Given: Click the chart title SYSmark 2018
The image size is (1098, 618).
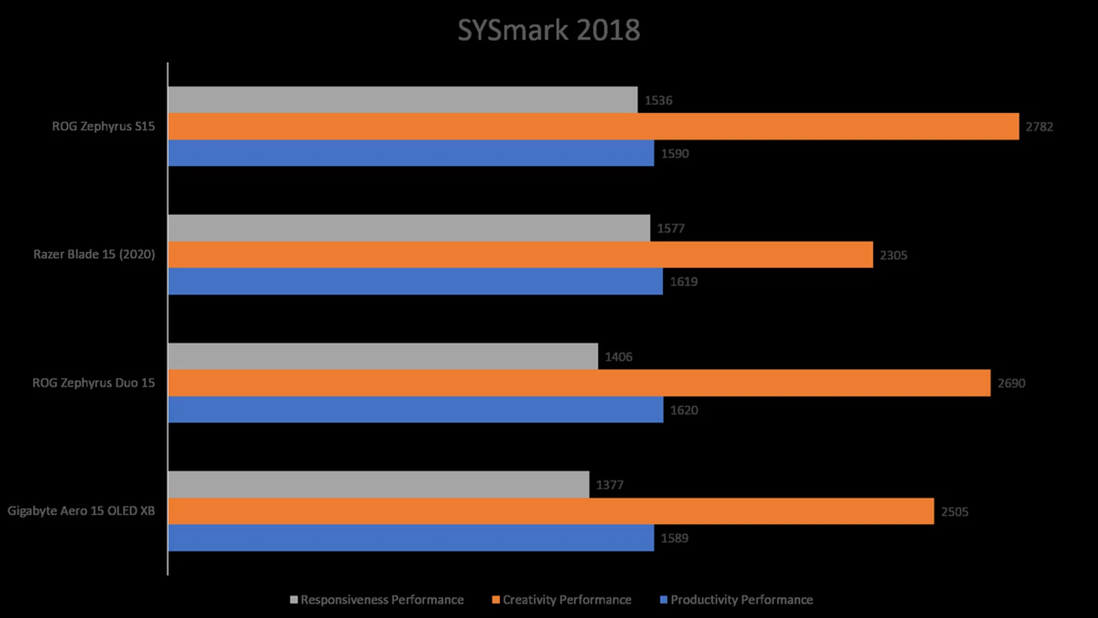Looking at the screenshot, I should click(x=548, y=30).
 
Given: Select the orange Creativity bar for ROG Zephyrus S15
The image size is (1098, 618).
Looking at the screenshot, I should click(x=593, y=126).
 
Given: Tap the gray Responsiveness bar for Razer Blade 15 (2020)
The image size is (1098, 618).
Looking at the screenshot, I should click(x=409, y=228).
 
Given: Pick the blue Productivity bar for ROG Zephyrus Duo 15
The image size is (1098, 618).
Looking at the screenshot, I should click(x=416, y=410).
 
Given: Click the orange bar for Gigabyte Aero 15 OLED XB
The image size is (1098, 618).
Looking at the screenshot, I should click(x=551, y=511).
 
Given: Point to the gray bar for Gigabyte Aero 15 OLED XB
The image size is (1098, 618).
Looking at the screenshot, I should click(x=379, y=485).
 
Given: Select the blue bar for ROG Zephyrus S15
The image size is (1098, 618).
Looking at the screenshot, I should click(x=411, y=153).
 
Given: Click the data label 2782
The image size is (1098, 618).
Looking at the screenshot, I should click(x=1039, y=127).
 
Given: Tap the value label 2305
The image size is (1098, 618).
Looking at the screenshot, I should click(x=893, y=255).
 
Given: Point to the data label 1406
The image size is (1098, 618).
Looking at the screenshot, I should click(x=618, y=357).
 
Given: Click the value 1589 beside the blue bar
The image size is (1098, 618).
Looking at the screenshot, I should click(x=674, y=538).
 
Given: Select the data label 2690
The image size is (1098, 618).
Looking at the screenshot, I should click(x=1011, y=383).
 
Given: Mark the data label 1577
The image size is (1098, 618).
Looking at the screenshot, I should click(x=670, y=229).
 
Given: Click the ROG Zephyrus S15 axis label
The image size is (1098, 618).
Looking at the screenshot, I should click(x=104, y=126).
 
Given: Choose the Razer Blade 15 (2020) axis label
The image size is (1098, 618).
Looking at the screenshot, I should click(x=94, y=255).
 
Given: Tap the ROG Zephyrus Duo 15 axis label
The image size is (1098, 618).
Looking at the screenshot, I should click(x=94, y=383).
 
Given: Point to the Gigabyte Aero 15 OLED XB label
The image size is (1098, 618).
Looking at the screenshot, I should click(x=81, y=511).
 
